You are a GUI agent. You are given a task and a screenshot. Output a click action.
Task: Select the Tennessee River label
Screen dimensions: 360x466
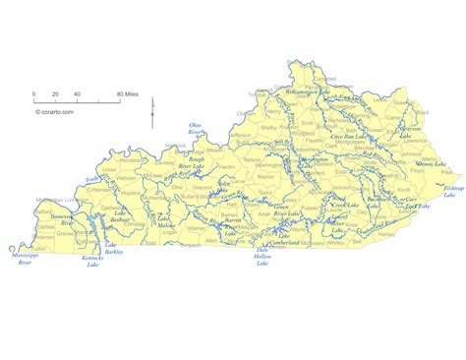coord(61,223)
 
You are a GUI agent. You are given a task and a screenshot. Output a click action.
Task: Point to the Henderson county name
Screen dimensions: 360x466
coord(131,159)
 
